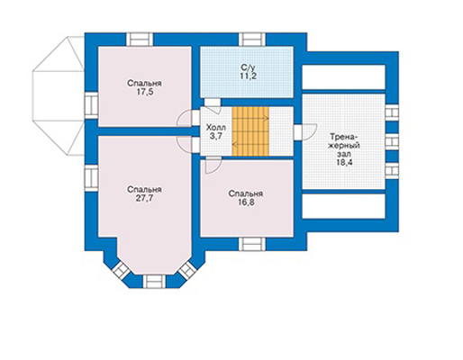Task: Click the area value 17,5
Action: pos(145,92)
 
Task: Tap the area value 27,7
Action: pos(145,198)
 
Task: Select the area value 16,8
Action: pos(246,202)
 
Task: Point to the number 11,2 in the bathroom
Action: pos(248,76)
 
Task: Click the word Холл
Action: pos(216,128)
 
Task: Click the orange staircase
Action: pos(250,131)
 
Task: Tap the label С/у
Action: pos(248,67)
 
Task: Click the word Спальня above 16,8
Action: pos(246,193)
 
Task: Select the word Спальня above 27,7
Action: pos(144,190)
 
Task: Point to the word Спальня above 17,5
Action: pos(144,83)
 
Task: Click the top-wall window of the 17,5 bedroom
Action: pos(140,40)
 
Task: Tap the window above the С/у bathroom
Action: pos(252,40)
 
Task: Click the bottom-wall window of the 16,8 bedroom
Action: pos(252,244)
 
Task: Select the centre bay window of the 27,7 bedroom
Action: pos(154,282)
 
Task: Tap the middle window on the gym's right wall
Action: pos(392,142)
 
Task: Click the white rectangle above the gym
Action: pos(343,76)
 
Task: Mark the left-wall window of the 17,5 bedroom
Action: pos(91,105)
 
